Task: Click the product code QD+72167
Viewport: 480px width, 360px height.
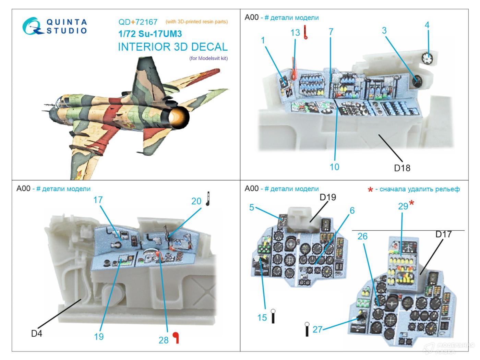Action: (138, 22)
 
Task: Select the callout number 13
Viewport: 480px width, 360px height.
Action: (295, 33)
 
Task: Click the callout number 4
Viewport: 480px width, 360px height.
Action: (427, 25)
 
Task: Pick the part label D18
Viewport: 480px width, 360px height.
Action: (402, 168)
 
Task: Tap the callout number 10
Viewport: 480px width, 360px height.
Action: (334, 167)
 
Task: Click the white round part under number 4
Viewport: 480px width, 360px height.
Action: (427, 58)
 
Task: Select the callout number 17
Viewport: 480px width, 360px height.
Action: (98, 200)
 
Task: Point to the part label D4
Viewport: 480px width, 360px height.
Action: (36, 333)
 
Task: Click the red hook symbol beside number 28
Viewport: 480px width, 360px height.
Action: (176, 337)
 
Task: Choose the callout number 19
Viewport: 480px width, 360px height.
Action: (99, 337)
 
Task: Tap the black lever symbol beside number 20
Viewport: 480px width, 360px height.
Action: (208, 199)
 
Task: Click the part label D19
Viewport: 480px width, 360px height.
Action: (328, 197)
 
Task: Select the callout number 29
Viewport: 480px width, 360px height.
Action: (403, 206)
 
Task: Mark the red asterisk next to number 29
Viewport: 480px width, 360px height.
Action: (412, 203)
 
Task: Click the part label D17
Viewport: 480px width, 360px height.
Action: (443, 234)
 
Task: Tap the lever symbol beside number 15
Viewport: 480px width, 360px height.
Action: (273, 316)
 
